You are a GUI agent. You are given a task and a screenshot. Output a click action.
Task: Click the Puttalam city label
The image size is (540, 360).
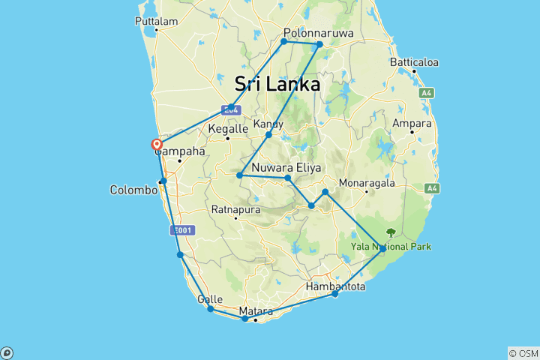tap(156, 21)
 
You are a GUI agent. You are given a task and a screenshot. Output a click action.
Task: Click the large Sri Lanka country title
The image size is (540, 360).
tap(277, 83)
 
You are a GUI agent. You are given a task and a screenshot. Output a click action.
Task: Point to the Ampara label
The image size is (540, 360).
tap(412, 123)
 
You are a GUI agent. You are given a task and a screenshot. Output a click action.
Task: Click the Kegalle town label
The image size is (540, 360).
tap(227, 129)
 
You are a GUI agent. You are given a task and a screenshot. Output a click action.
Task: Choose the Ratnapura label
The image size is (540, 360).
tap(235, 209)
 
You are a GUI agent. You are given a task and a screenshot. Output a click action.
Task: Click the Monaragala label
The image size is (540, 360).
tap(367, 182)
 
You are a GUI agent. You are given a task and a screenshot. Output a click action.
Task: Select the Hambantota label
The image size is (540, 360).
tap(336, 286)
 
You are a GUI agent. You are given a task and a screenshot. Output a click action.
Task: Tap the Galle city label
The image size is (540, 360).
tap(209, 299)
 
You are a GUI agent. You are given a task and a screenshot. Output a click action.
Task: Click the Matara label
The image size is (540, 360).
tap(255, 310)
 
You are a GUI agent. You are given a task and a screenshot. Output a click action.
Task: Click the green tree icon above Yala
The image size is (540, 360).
tap(390, 233)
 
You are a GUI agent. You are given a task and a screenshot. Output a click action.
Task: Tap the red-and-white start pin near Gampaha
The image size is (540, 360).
tap(157, 144)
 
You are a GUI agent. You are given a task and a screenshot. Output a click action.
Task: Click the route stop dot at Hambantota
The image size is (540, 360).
tap(335, 294)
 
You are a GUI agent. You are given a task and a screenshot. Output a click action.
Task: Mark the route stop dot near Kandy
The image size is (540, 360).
tap(268, 134)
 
